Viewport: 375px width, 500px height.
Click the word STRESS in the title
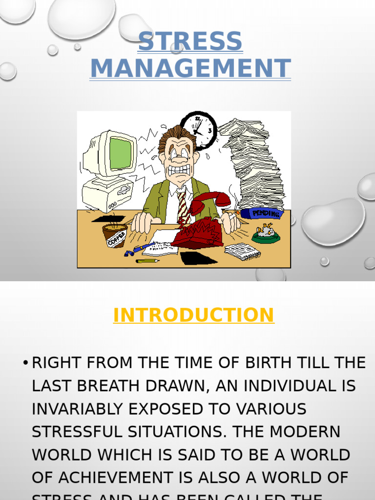pyautogui.click(x=190, y=42)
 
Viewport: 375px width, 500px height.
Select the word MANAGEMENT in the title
pyautogui.click(x=190, y=68)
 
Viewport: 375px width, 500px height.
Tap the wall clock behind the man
pyautogui.click(x=199, y=129)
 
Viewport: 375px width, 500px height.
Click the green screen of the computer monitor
pyautogui.click(x=121, y=153)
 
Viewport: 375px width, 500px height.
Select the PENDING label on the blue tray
pyautogui.click(x=266, y=214)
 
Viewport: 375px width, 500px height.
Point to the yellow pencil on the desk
pyautogui.click(x=147, y=261)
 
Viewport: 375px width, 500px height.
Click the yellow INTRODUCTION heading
pyautogui.click(x=193, y=315)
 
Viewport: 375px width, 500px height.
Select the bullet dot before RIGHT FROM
pyautogui.click(x=25, y=363)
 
